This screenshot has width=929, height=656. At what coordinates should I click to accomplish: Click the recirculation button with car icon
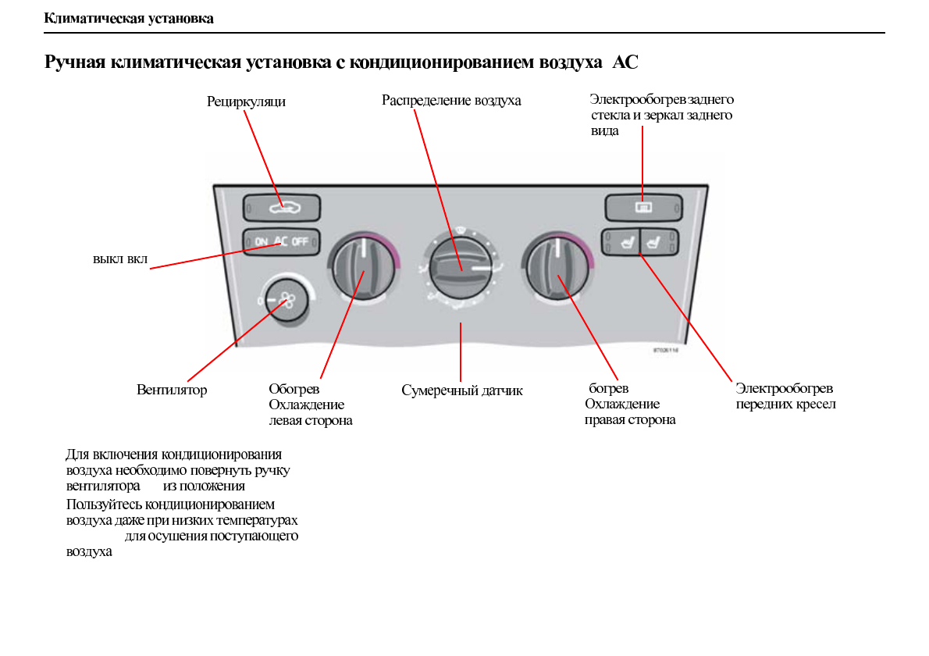coord(282,208)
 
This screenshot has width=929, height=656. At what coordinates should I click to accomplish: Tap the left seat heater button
coord(621,243)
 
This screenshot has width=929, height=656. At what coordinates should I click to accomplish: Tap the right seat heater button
coord(660,243)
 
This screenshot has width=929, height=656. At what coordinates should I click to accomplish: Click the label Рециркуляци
coord(246,102)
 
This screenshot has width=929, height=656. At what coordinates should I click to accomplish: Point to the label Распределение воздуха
coord(451,101)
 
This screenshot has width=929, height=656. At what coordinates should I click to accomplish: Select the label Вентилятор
coord(172,390)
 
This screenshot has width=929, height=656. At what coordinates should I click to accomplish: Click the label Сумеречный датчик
coord(462,390)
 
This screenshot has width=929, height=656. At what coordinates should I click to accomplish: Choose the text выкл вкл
coord(120,258)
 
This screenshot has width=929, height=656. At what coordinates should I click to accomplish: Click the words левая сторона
coord(310,421)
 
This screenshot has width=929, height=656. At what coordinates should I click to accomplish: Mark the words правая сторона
coord(630,420)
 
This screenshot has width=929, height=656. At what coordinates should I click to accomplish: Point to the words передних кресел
coord(785,405)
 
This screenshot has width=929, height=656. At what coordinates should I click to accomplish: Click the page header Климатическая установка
coord(129,18)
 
